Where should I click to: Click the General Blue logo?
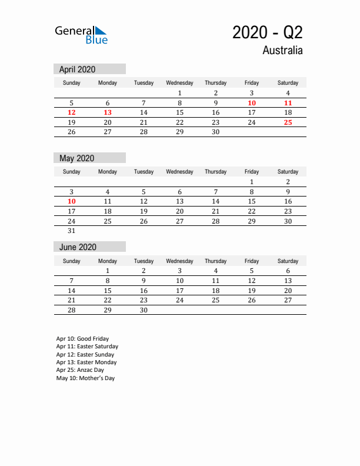click(x=81, y=35)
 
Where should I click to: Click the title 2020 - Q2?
click(x=267, y=32)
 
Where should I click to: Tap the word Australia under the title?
click(x=282, y=51)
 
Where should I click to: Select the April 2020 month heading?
click(x=78, y=69)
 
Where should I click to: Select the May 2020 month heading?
click(x=77, y=158)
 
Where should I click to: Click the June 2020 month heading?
click(x=78, y=247)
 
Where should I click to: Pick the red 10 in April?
click(x=252, y=103)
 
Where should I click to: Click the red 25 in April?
click(x=288, y=122)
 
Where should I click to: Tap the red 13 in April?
click(x=108, y=112)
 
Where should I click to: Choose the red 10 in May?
click(x=72, y=201)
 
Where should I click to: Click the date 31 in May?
click(x=72, y=231)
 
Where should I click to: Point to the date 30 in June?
click(x=144, y=310)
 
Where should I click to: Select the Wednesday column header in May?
click(x=179, y=172)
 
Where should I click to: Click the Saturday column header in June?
click(x=288, y=261)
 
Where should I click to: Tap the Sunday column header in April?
click(x=72, y=83)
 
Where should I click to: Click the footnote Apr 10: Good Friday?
click(x=82, y=339)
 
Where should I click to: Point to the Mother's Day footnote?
click(x=85, y=378)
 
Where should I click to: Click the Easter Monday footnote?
click(x=86, y=362)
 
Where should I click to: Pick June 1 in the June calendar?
click(x=108, y=271)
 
